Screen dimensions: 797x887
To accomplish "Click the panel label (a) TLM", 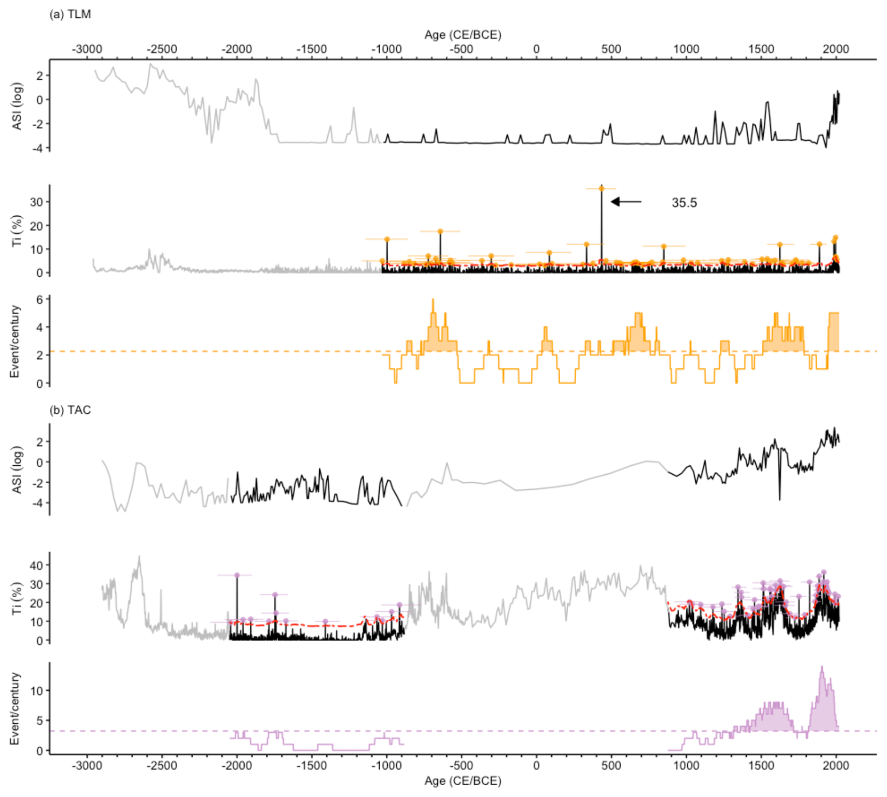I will [70, 14].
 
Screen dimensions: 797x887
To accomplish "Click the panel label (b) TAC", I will [70, 410].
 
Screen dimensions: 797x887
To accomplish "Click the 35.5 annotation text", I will [684, 203].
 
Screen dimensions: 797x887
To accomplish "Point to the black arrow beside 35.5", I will [626, 202].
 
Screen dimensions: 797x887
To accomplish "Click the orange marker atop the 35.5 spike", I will [601, 189].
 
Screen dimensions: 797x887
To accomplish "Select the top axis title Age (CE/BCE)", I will [462, 35].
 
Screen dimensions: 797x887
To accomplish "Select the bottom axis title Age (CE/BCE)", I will [462, 781].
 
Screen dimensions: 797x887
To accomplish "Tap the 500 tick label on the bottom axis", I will [611, 766].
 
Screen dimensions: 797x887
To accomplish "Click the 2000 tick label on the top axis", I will [836, 49].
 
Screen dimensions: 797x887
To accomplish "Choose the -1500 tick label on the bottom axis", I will [312, 766].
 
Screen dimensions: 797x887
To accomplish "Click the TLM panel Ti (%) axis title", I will [17, 230].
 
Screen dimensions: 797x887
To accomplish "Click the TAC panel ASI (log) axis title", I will [17, 470].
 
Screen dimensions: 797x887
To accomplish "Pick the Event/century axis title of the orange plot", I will [15, 342].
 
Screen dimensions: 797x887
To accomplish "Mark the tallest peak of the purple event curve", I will [822, 667].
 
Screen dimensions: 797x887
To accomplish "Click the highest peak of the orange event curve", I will [433, 299].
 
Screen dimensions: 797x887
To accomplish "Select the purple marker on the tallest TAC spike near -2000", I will [237, 575].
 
